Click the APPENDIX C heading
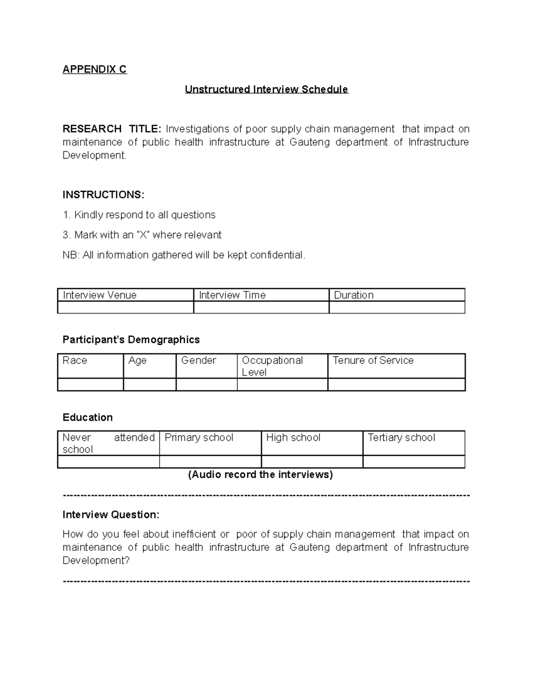click(x=95, y=69)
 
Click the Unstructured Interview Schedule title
click(x=266, y=89)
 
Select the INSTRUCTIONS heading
click(x=103, y=195)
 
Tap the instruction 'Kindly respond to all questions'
click(x=139, y=215)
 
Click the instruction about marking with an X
click(x=142, y=235)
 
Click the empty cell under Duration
click(x=397, y=307)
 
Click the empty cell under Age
click(x=150, y=385)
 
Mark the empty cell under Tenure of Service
click(x=396, y=385)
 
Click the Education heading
click(x=88, y=417)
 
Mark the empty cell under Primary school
click(x=210, y=462)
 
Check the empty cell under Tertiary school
click(x=414, y=462)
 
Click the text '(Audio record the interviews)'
click(x=260, y=475)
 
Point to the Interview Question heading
click(x=111, y=515)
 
